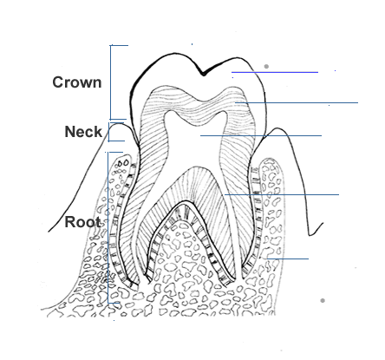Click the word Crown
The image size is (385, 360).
coord(77,82)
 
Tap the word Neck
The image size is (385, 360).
coord(83,132)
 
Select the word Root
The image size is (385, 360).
coord(82,222)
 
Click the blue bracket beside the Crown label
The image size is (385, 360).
coord(111,82)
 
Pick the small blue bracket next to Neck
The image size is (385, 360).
coord(109,132)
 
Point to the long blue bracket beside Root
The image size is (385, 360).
coord(108,227)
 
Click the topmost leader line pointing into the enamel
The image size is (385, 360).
coord(275,72)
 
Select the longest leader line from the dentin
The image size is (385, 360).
coord(297,102)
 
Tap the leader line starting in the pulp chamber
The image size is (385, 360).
coord(261,135)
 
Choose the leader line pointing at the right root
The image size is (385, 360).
coord(282,194)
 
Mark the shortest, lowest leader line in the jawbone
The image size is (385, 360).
coord(288,259)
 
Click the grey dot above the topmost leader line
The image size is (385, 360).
coord(266,67)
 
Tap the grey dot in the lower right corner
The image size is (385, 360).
coord(323,301)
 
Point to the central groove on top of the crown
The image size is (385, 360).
coord(204,75)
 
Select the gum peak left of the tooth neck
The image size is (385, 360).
coord(117,124)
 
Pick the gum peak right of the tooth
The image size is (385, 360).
coord(277,129)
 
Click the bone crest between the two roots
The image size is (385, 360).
coord(182,222)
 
